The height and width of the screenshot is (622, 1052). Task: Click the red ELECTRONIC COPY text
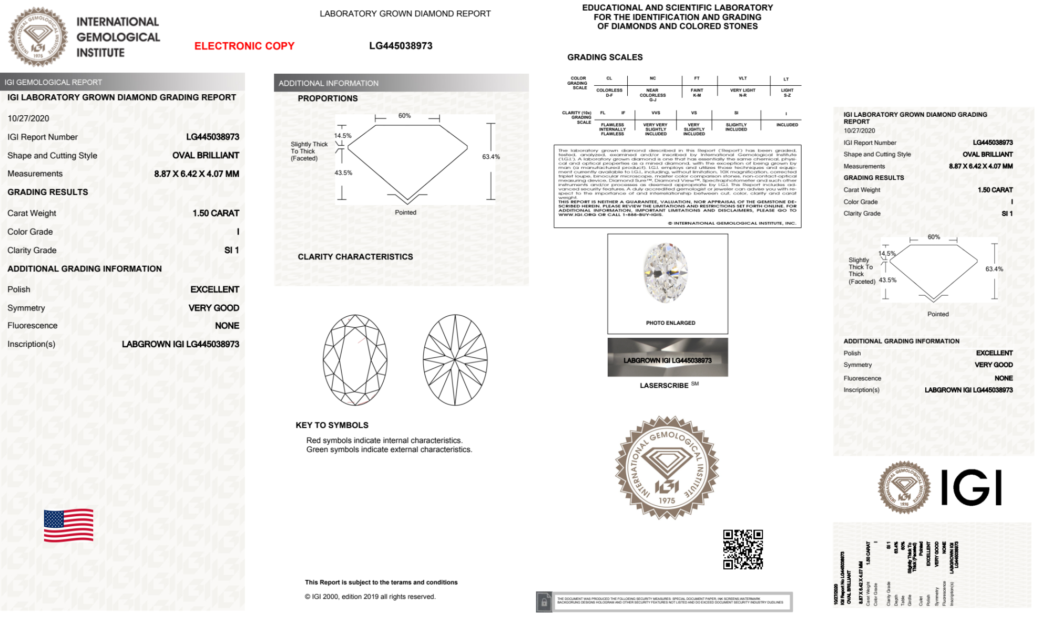(244, 46)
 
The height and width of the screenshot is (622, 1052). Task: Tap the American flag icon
(68, 525)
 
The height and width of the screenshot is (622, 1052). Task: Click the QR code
(742, 549)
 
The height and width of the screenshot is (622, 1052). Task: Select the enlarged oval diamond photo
(666, 273)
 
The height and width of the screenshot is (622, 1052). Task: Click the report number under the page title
(401, 46)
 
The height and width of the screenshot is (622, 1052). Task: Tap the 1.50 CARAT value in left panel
(216, 213)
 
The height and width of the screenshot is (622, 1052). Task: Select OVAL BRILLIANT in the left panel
(206, 155)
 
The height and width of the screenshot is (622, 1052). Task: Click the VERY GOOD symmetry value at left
(213, 308)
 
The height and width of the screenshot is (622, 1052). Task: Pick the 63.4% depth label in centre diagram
(491, 157)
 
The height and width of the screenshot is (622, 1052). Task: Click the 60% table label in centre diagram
(404, 116)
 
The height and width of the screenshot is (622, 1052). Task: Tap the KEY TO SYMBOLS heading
(332, 425)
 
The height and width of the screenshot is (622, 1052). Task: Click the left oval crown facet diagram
(355, 360)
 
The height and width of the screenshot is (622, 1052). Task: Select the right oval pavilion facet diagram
(455, 360)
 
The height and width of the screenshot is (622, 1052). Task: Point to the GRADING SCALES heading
(605, 57)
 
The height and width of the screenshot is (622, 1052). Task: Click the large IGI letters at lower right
(971, 487)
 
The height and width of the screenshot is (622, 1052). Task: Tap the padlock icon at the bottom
(544, 601)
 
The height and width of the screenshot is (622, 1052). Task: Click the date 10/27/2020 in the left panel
(28, 118)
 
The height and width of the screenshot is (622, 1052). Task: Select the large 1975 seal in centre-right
(667, 467)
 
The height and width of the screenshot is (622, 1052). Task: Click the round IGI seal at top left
(38, 37)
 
